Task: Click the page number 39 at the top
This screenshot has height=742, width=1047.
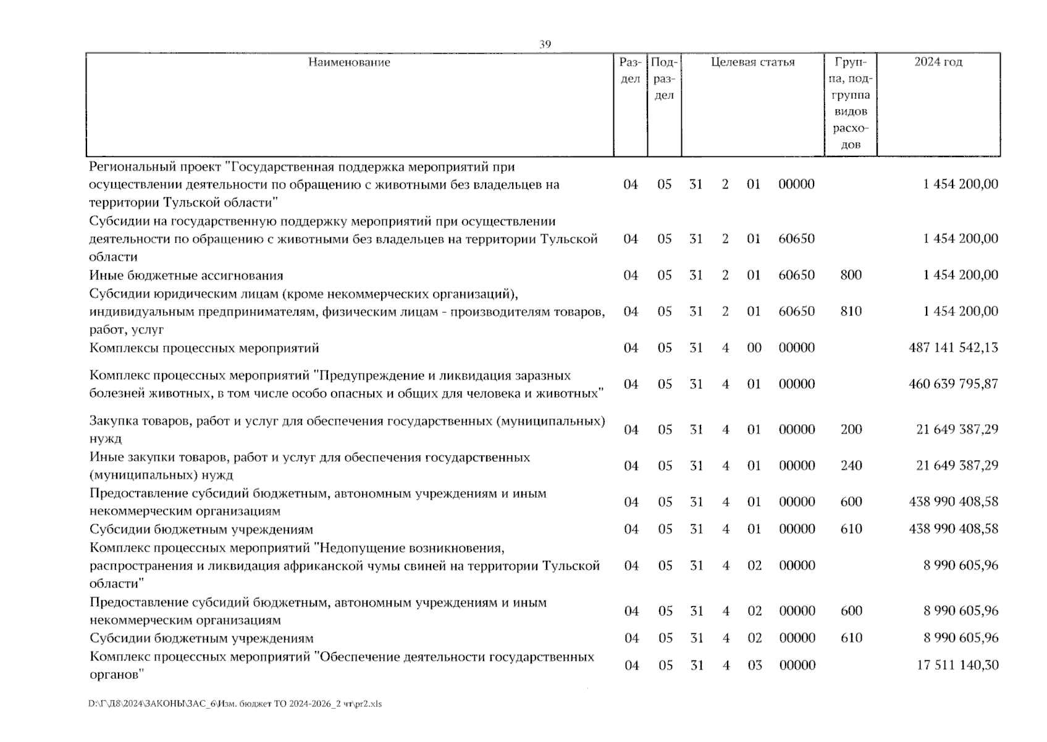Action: pyautogui.click(x=545, y=44)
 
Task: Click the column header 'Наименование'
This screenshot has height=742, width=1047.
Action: pyautogui.click(x=349, y=62)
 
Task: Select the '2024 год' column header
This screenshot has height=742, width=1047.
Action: pyautogui.click(x=938, y=62)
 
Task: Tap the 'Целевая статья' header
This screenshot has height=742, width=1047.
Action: pyautogui.click(x=752, y=62)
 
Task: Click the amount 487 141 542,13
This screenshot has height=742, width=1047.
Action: pyautogui.click(x=953, y=348)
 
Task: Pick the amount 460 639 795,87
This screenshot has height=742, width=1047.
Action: pyautogui.click(x=953, y=384)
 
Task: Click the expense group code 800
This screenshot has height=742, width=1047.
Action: pyautogui.click(x=851, y=275)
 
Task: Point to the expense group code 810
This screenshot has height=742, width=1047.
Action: pyautogui.click(x=851, y=312)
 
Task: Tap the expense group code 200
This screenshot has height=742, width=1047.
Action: pyautogui.click(x=851, y=430)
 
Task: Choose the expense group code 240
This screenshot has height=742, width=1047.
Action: pyautogui.click(x=851, y=466)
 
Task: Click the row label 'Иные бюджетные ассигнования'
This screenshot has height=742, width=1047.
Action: pyautogui.click(x=186, y=276)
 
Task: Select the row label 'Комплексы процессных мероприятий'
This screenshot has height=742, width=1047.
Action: pyautogui.click(x=204, y=348)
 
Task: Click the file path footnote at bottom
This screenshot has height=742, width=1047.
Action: pyautogui.click(x=235, y=704)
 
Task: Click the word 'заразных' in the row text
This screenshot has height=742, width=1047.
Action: pyautogui.click(x=542, y=376)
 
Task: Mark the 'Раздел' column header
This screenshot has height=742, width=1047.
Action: pyautogui.click(x=630, y=70)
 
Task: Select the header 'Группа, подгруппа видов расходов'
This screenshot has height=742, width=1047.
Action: pyautogui.click(x=851, y=103)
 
